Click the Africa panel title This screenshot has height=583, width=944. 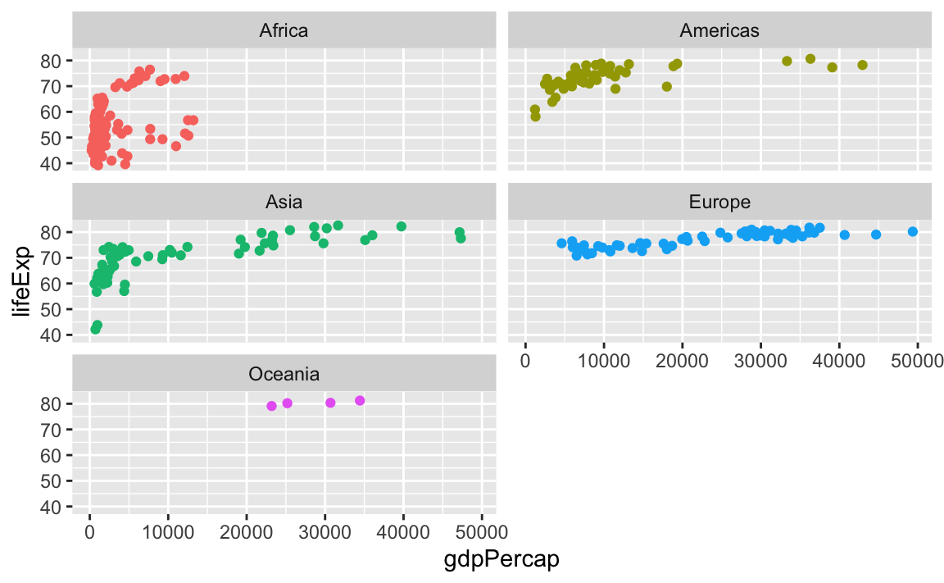[x=284, y=31]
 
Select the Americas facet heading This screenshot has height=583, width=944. [x=719, y=31]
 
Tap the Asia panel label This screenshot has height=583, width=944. [x=284, y=202]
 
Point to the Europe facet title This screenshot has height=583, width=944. [x=719, y=202]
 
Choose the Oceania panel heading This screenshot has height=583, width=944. [x=284, y=374]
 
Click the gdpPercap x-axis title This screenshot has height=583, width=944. [x=501, y=560]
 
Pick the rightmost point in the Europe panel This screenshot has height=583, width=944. [x=913, y=231]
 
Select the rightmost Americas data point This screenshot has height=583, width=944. [x=862, y=65]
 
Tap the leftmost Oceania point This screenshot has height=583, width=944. [x=271, y=406]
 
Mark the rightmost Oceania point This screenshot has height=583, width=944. [x=360, y=400]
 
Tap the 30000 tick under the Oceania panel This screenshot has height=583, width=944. [x=325, y=532]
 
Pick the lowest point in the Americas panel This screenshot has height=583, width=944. [x=535, y=116]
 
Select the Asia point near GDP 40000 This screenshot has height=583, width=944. [x=402, y=226]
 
